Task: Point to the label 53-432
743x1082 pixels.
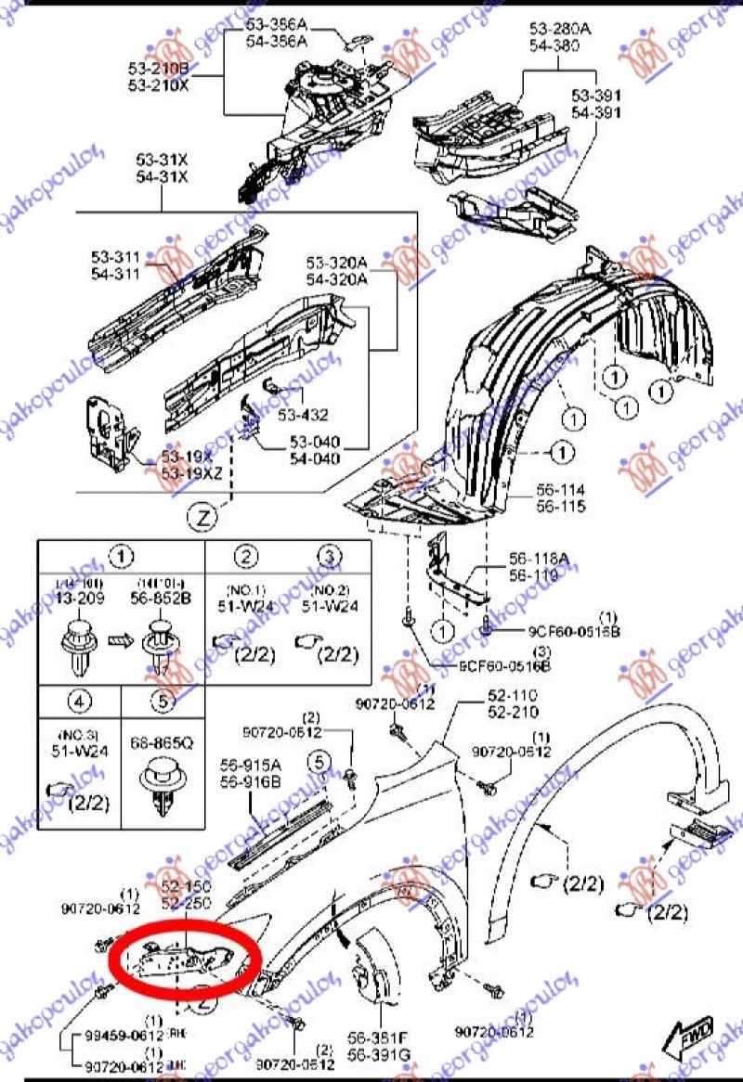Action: [304, 415]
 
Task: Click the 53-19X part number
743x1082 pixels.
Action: [187, 457]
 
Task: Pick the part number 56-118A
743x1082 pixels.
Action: [539, 560]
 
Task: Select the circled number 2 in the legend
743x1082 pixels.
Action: [246, 556]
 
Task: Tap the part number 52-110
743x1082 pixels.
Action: [514, 696]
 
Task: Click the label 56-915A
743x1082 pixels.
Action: [250, 766]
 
